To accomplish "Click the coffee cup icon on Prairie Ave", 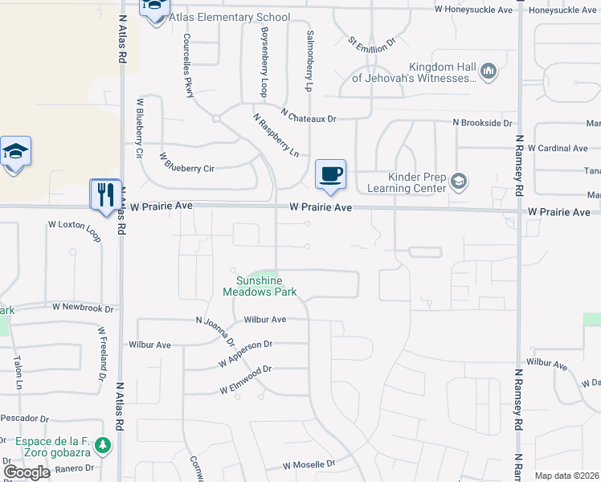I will click(x=330, y=174).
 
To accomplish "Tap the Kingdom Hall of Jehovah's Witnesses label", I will click(x=415, y=72).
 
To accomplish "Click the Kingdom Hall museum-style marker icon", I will click(x=489, y=72).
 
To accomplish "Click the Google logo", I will click(x=27, y=472).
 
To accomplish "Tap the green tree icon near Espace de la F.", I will click(x=101, y=444).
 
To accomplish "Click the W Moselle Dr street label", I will click(x=309, y=465).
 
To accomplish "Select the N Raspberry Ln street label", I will click(x=276, y=133).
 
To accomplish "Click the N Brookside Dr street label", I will click(x=482, y=123).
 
